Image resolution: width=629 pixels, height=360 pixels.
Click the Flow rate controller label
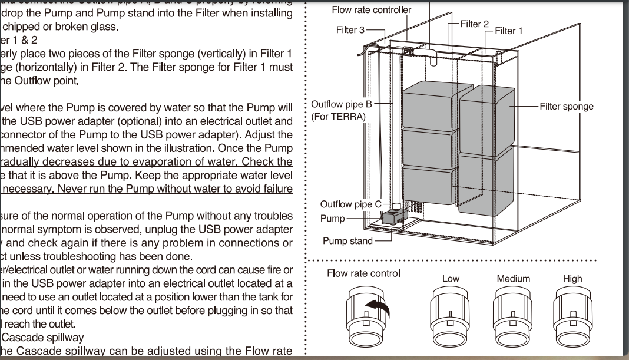click(372, 10)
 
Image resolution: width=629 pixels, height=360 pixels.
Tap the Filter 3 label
click(350, 30)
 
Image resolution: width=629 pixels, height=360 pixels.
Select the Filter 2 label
click(475, 24)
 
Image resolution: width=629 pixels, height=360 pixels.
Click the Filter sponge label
click(567, 107)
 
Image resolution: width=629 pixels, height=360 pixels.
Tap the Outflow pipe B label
click(342, 105)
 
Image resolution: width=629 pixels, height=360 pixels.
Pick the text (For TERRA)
click(339, 117)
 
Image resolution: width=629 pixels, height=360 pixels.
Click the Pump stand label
click(347, 240)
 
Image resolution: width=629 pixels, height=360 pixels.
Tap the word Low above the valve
click(451, 279)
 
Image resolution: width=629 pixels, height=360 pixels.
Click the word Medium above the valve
click(513, 279)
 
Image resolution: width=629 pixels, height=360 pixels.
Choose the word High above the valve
click(572, 279)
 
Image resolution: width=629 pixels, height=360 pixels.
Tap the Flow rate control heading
click(363, 273)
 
